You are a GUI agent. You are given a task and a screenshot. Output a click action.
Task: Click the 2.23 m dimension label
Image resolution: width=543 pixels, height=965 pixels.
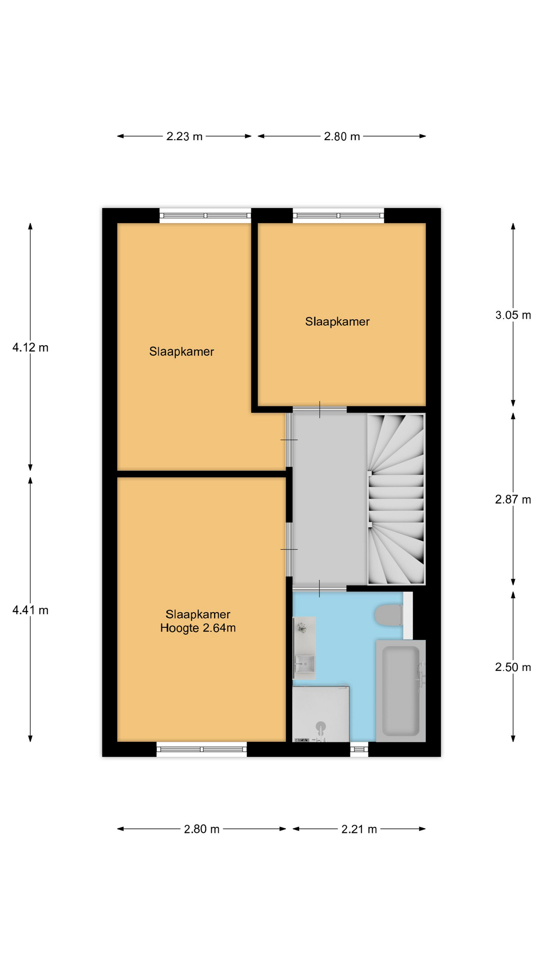coord(185,136)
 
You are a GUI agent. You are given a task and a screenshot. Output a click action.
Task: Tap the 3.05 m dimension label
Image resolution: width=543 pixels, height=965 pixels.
coord(513,315)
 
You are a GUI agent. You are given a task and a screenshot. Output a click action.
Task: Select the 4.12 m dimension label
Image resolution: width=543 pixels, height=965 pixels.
coord(30,347)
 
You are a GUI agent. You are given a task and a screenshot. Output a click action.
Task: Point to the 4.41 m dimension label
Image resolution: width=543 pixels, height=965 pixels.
coord(30,610)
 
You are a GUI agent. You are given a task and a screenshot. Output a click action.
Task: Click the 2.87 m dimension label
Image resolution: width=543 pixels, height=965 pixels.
coord(513,500)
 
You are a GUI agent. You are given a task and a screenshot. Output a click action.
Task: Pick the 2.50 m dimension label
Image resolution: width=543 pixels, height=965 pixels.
coord(513,667)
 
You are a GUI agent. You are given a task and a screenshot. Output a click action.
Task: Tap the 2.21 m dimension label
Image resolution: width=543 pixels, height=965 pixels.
coord(359,829)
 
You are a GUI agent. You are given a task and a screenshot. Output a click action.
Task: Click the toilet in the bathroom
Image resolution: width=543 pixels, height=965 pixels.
coord(389,615)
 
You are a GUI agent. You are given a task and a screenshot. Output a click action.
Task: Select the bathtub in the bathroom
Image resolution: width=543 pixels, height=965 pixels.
coord(401,691)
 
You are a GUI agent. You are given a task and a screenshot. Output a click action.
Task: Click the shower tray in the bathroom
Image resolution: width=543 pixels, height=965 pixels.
coord(321,714)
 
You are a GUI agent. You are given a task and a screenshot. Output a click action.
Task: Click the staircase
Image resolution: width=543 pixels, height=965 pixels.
coord(396,499)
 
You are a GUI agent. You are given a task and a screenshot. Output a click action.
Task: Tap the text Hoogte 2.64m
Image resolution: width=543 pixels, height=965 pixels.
coord(198,628)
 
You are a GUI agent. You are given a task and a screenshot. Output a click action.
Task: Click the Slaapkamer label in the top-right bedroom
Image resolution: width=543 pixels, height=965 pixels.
coord(337,322)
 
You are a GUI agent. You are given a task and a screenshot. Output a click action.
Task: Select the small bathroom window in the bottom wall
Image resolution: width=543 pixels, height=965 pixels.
coord(359,749)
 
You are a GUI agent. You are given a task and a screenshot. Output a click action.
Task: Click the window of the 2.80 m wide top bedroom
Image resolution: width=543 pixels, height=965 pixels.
coord(338,216)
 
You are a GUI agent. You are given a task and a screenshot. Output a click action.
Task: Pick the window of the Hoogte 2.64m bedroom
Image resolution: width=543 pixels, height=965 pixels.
coord(202,749)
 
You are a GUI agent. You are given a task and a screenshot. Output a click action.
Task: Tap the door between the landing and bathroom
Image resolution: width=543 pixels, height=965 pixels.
coord(320,588)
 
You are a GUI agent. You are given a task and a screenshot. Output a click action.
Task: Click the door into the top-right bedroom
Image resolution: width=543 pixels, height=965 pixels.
coord(320,410)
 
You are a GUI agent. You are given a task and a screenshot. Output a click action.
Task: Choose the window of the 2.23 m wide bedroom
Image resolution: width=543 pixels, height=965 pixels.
coord(205,216)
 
